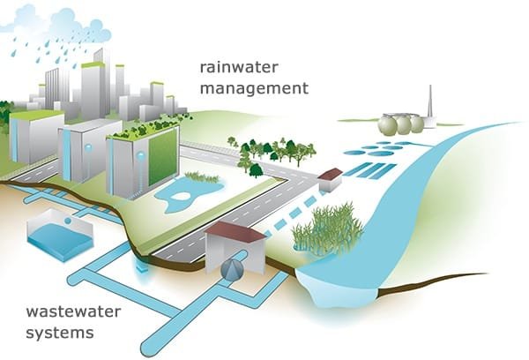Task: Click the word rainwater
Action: coord(239,67)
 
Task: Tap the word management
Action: coord(255,88)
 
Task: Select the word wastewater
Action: coord(73,311)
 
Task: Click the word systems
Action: coord(60,333)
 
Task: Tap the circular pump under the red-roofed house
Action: coord(232,269)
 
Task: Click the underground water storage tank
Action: coord(60,236)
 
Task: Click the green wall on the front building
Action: coord(163,156)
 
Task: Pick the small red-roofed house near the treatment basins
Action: coord(330,180)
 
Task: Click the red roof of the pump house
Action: coord(235,233)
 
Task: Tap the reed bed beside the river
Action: coord(326,229)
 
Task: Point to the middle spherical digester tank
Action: coord(403,124)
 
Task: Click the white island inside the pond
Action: coord(182,196)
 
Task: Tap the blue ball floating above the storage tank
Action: coord(68,221)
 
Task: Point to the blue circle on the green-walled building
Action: coord(141,155)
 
